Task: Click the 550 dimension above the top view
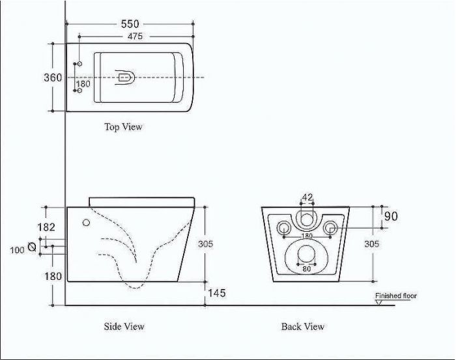(130, 24)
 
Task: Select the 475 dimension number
(135, 36)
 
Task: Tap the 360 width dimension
(53, 77)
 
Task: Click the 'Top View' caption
(123, 127)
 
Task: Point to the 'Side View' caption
(124, 326)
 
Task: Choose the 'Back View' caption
(302, 327)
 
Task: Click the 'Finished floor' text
(396, 296)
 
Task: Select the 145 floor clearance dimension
(217, 293)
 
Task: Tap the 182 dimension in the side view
(46, 227)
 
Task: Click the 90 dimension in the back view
(391, 216)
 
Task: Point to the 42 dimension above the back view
(307, 197)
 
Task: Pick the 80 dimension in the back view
(307, 269)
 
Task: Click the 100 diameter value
(17, 250)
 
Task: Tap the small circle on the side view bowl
(86, 223)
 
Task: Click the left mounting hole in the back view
(283, 228)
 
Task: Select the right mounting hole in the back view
(330, 228)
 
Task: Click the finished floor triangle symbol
(378, 303)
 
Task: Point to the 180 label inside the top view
(83, 84)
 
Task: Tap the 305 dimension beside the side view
(206, 243)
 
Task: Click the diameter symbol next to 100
(32, 247)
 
